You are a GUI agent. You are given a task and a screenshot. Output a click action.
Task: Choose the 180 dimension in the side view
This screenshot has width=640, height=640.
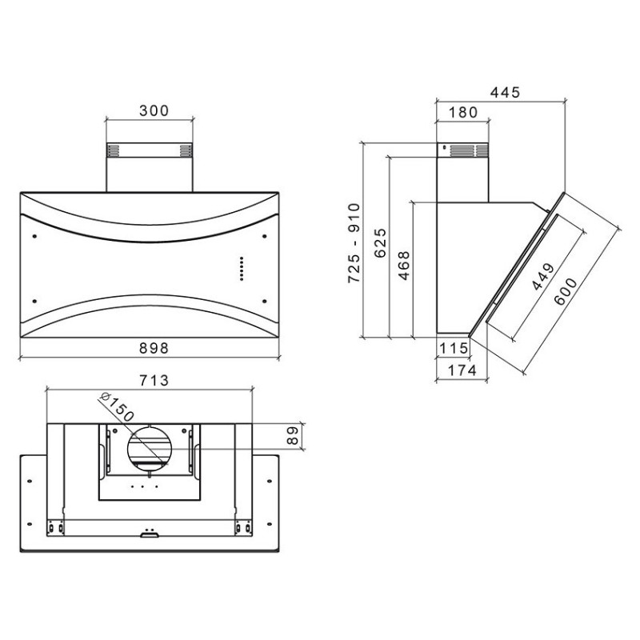[x=462, y=113]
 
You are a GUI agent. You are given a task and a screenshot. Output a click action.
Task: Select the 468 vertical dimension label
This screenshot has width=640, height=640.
[x=404, y=265]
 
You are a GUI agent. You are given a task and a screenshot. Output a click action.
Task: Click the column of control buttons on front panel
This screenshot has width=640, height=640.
[x=241, y=269]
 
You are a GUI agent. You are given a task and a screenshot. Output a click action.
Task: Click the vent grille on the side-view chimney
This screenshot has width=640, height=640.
[x=468, y=150]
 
